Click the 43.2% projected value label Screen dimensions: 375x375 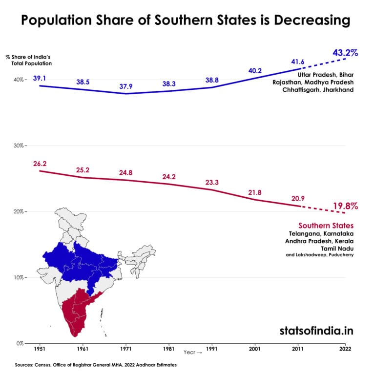click(345, 52)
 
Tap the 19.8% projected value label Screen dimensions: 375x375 click(345, 206)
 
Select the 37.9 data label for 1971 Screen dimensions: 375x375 click(126, 87)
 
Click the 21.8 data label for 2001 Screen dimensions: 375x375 click(254, 193)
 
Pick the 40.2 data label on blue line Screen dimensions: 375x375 click(254, 70)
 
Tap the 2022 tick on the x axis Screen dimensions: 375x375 click(345, 350)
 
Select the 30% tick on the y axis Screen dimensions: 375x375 click(20, 146)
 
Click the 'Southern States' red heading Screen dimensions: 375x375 click(326, 226)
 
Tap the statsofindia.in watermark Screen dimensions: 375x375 click(316, 330)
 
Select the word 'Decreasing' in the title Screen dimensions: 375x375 click(302, 21)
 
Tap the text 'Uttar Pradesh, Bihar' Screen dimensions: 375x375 click(325, 75)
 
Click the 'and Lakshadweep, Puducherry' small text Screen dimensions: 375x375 click(320, 254)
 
